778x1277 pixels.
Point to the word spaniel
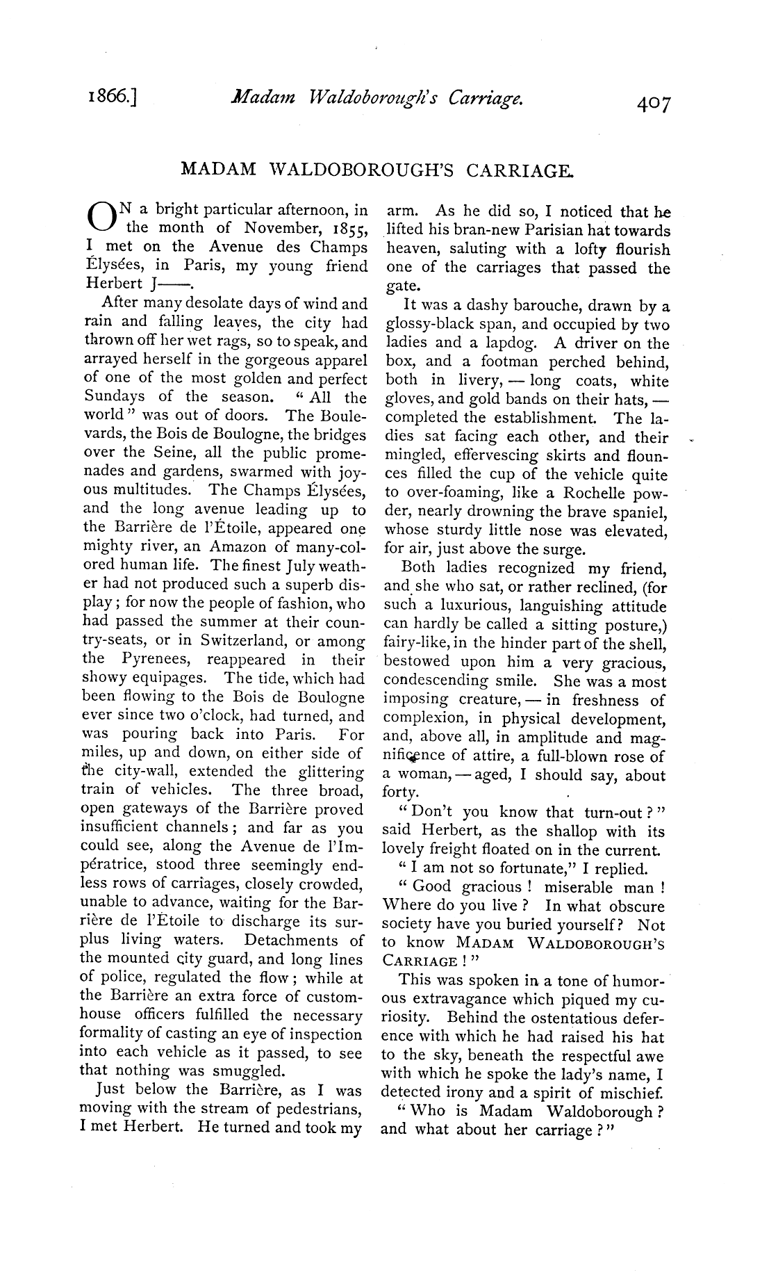(640, 513)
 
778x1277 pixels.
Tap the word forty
(401, 793)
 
